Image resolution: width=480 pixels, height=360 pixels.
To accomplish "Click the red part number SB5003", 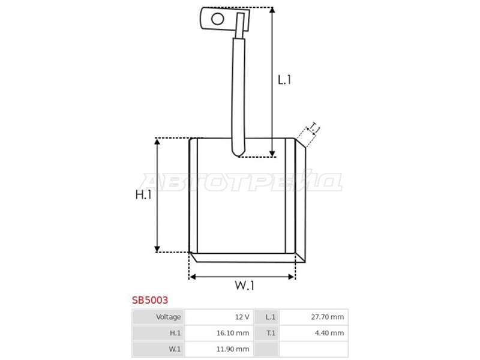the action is [x=150, y=300].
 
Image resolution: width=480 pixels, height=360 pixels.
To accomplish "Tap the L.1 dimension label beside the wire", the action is [x=284, y=80].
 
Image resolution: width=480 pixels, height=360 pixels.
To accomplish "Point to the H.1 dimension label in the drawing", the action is [x=143, y=194].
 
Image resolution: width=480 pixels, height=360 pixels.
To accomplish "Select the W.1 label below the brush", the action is [x=244, y=286].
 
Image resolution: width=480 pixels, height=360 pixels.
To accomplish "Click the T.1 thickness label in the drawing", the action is [x=314, y=128].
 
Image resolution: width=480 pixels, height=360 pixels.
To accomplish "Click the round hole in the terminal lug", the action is [x=218, y=19].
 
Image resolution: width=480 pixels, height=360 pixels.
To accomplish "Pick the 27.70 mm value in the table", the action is [x=327, y=317].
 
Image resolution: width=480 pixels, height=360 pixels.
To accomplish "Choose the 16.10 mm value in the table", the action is [x=233, y=333].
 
